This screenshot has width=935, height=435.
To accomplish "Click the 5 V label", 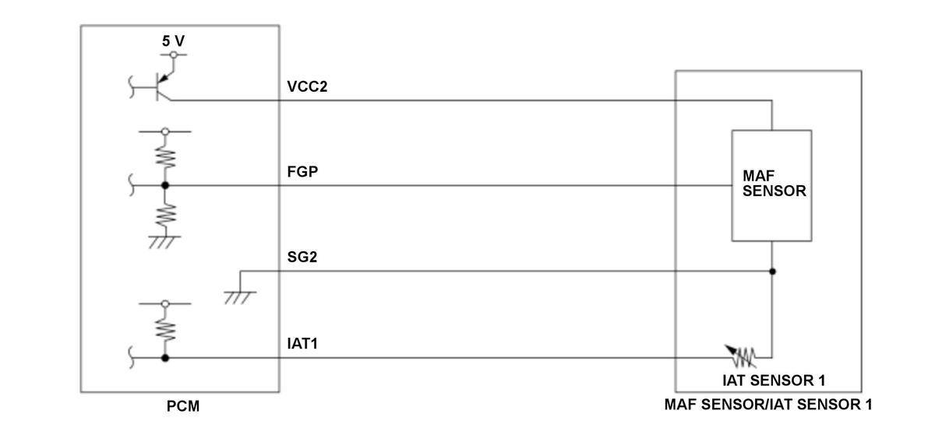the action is click(173, 41).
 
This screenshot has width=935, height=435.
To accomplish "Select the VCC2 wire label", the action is click(307, 86).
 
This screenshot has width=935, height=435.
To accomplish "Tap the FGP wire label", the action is click(302, 171).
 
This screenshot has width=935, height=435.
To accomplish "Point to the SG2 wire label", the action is click(302, 257).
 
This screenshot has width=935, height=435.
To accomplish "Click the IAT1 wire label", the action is click(302, 343).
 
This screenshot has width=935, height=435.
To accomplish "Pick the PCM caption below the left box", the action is click(183, 405).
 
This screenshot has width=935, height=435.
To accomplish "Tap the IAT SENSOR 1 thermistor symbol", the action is click(742, 357).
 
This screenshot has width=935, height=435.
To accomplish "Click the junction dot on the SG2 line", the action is click(772, 272).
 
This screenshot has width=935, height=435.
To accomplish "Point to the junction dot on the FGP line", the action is click(165, 185).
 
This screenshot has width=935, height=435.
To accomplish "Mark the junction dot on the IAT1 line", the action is click(165, 358).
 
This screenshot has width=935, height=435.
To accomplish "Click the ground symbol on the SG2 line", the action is click(240, 297).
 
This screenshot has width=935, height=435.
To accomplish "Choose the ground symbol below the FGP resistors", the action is click(164, 242).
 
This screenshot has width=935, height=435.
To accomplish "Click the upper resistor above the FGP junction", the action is click(166, 158).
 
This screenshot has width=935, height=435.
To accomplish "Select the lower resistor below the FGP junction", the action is click(166, 216).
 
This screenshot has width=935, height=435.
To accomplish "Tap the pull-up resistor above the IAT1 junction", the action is click(166, 329).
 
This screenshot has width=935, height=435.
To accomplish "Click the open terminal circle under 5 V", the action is click(173, 54).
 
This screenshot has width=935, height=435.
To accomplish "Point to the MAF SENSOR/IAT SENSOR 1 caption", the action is click(768, 404).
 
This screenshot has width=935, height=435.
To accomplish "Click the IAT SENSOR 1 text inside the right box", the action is click(774, 381).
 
